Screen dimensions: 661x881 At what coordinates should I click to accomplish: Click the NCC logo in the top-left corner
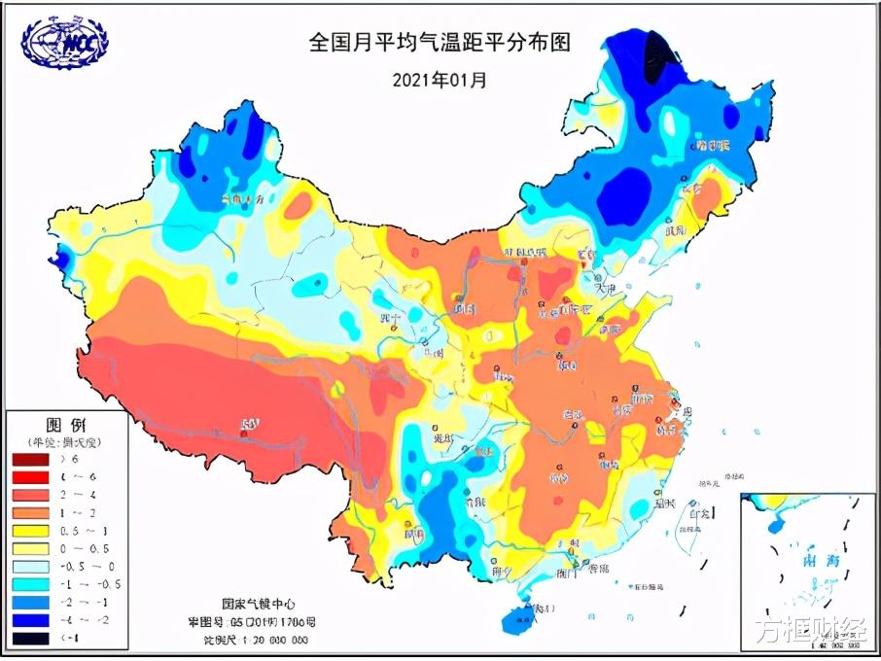pyautogui.click(x=66, y=43)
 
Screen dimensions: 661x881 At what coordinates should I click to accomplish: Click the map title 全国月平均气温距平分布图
pyautogui.click(x=439, y=43)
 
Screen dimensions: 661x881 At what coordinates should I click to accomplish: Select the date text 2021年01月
pyautogui.click(x=440, y=80)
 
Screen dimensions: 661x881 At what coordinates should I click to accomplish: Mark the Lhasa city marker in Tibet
pyautogui.click(x=249, y=425)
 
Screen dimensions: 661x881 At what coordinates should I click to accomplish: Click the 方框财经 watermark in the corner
pyautogui.click(x=812, y=630)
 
